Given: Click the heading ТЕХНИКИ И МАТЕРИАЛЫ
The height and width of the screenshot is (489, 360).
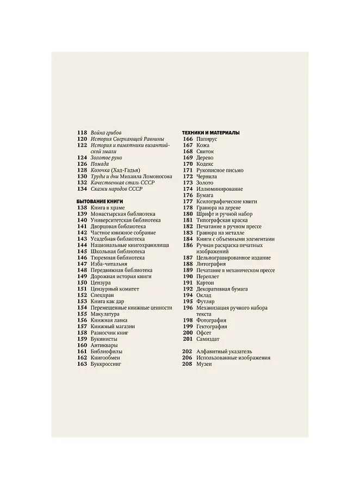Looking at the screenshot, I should [x=211, y=133].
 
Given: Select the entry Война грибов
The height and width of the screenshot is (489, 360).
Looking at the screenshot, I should [x=106, y=133].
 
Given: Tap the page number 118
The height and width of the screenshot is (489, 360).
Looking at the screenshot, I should [x=82, y=133].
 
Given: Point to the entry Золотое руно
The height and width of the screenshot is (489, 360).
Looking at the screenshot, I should [x=107, y=158].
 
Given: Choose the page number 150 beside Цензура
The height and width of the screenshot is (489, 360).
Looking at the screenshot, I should [x=82, y=283].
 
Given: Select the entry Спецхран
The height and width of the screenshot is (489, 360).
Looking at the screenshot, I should [x=103, y=296].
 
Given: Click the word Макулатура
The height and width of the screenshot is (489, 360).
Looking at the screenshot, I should [x=105, y=314].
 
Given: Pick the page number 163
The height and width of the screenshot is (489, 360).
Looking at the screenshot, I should [x=82, y=364].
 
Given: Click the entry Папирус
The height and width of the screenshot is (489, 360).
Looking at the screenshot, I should [x=207, y=139].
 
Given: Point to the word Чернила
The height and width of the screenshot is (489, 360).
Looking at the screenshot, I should [x=207, y=177].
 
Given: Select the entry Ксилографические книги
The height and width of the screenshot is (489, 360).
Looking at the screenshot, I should [x=227, y=202].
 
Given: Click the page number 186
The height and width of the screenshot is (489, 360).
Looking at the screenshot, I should [x=188, y=246].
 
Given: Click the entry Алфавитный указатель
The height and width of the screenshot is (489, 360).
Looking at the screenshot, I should [x=225, y=352].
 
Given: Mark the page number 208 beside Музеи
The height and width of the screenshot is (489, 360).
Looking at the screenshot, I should [x=188, y=364].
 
